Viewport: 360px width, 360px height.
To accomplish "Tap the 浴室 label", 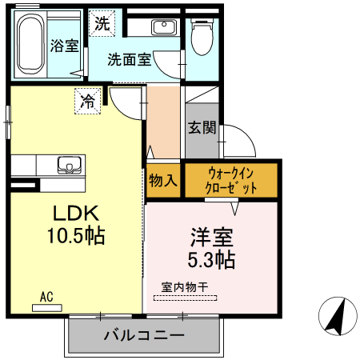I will (x=64, y=45).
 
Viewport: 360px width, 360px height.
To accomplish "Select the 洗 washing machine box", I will (x=101, y=23).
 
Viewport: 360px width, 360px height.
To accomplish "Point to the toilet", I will (x=202, y=36).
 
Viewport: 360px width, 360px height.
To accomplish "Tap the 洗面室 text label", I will (x=130, y=59).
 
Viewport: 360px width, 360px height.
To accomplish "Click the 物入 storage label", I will (x=163, y=181).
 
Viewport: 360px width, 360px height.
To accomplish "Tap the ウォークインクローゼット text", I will (x=233, y=180).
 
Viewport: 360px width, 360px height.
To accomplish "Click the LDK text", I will (x=75, y=214).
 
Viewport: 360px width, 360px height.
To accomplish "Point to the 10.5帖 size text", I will (x=75, y=237).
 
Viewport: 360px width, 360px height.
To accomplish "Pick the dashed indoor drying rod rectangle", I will (x=185, y=298).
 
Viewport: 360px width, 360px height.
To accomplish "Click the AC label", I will (x=46, y=297).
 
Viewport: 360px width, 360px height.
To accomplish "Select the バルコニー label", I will (x=145, y=335).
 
